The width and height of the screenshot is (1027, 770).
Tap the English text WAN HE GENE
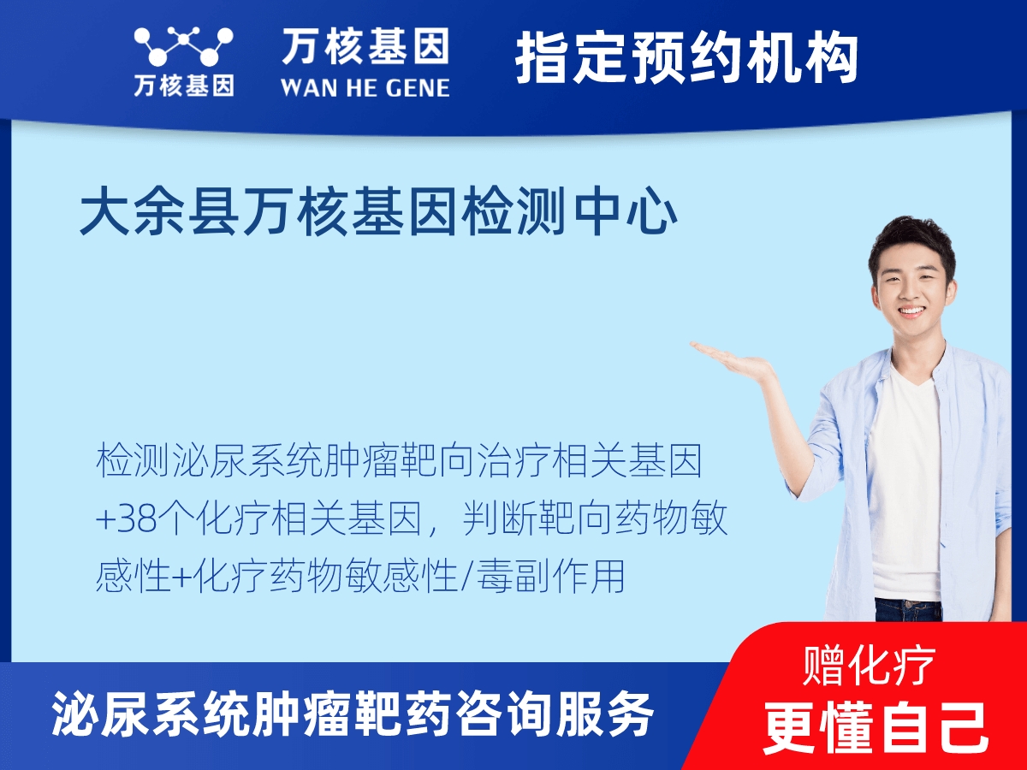[x=365, y=87]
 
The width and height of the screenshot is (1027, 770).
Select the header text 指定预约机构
[x=686, y=58]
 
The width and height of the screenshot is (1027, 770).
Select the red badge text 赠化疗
[x=869, y=666]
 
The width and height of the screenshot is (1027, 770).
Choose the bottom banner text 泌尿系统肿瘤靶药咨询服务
[x=353, y=715]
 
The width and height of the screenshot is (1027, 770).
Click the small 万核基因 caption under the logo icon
[x=183, y=86]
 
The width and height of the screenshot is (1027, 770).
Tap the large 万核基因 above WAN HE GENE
[x=365, y=47]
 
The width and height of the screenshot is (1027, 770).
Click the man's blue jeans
[x=907, y=609]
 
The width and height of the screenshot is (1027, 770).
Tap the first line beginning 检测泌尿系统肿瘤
[x=399, y=462]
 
